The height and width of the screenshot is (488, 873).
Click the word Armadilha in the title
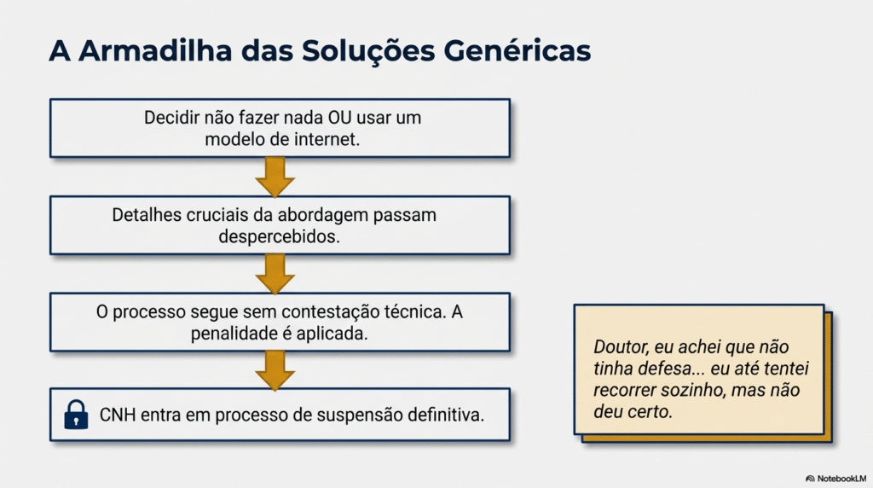(x=155, y=50)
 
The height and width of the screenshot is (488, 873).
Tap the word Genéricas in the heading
(x=517, y=50)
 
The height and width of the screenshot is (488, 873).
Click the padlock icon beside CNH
(x=76, y=415)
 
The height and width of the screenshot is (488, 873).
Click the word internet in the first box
(x=327, y=139)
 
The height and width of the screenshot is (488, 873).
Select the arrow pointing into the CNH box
(x=275, y=370)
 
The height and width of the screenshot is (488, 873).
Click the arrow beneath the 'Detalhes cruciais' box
(x=275, y=274)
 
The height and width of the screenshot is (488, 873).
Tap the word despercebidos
(x=279, y=237)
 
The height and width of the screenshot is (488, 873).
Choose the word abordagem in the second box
(x=322, y=215)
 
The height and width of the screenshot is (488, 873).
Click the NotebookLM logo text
(x=841, y=479)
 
